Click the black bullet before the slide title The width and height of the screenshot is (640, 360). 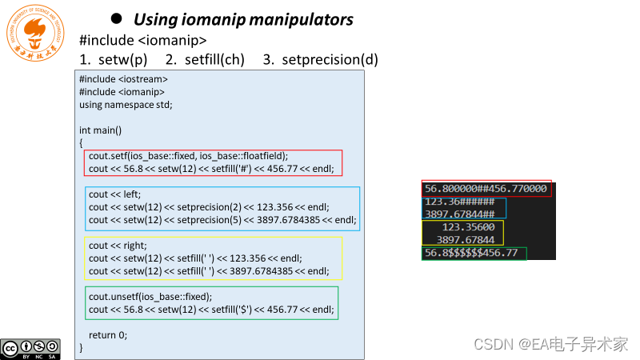(116, 18)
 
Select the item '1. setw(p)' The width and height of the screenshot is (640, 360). (114, 59)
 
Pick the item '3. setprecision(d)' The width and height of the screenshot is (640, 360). (320, 59)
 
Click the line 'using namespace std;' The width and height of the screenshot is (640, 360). (126, 105)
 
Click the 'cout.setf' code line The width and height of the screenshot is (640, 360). (188, 156)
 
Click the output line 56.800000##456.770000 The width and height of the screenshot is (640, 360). (486, 190)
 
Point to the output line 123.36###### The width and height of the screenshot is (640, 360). (460, 202)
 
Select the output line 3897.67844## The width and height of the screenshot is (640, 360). (460, 214)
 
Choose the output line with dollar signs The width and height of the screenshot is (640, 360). (471, 253)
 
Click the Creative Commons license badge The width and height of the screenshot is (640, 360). (30, 348)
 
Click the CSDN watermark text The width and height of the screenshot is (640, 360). (550, 344)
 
